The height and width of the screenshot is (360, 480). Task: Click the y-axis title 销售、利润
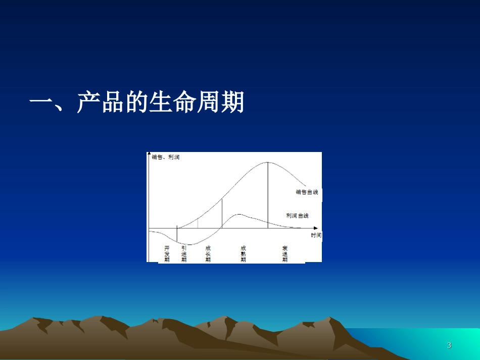(166, 158)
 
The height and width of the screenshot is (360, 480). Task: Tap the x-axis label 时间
(316, 236)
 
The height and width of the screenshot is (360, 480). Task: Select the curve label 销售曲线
(307, 192)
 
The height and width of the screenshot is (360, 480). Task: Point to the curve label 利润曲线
(297, 216)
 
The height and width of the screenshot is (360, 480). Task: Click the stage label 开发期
(167, 254)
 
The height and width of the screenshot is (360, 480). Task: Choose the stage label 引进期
(184, 254)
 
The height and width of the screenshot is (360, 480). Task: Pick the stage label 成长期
(208, 254)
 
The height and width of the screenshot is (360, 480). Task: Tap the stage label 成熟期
(244, 254)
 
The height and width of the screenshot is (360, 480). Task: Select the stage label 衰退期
(285, 254)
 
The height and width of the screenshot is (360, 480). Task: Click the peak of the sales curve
(267, 163)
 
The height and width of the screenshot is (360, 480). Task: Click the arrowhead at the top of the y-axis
(149, 153)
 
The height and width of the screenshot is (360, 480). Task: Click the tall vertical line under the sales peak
(268, 197)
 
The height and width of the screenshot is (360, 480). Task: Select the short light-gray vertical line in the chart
(198, 223)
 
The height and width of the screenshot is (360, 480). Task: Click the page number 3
(449, 345)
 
